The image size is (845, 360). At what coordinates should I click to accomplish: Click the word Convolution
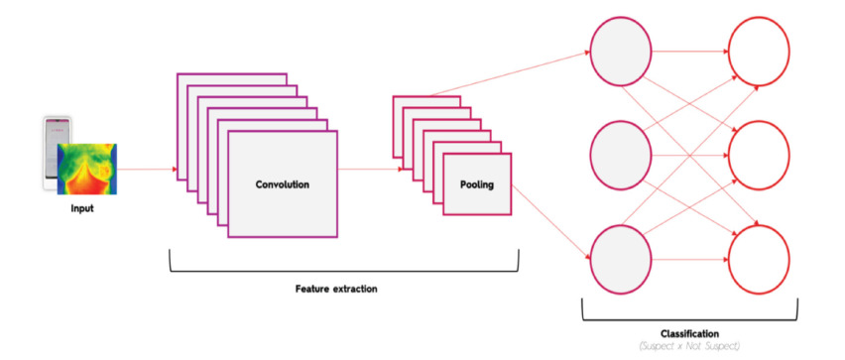pos(283,184)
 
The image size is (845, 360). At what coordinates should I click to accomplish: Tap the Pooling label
pos(477,184)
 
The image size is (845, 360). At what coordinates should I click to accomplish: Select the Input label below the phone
pos(82,208)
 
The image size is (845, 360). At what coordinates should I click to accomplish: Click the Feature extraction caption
pos(336,289)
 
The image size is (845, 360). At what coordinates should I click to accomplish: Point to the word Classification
pos(690,334)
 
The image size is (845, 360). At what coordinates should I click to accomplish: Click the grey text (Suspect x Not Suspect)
pos(690,346)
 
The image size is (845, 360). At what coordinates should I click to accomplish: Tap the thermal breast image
pos(87,169)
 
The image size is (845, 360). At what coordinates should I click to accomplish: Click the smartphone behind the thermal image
pos(58,153)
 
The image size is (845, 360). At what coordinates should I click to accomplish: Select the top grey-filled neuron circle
pos(621,53)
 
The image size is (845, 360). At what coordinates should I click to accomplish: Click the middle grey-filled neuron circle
pos(621,156)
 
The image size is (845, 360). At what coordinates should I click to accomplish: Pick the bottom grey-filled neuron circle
pos(621,260)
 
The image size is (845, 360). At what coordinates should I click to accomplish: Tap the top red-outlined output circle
pos(759,53)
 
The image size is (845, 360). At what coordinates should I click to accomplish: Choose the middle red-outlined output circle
pos(759,156)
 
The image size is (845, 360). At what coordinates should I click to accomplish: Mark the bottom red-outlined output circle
pos(759,260)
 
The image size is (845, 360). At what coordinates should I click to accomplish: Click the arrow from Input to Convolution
pos(147,170)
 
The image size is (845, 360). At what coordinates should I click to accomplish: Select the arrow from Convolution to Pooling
pos(370,170)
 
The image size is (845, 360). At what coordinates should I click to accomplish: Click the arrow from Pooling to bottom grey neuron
pos(550,223)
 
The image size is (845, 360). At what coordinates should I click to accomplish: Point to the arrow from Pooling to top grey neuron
pos(509,73)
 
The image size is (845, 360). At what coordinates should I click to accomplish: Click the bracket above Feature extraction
pos(344,271)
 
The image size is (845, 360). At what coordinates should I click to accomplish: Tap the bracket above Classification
pos(690,320)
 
